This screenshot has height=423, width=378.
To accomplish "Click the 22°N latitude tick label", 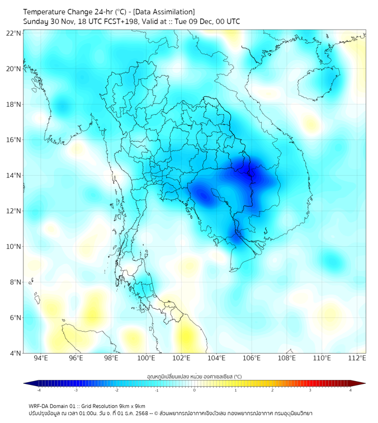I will (x=14, y=33).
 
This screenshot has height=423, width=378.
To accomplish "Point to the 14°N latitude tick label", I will (x=14, y=176).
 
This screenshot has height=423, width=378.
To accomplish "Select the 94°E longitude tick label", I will (x=41, y=358).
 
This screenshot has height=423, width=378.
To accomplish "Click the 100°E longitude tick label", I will (x=146, y=358).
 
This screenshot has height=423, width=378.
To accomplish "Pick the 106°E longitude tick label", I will (x=252, y=358).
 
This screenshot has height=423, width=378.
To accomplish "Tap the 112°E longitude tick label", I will (x=357, y=358).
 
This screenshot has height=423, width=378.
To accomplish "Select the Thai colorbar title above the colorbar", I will (x=195, y=377).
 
